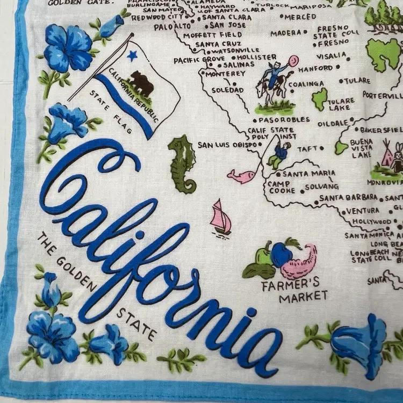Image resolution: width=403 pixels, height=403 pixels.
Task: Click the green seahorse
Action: [183, 163]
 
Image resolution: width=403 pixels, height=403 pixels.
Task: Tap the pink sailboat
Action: [220, 217]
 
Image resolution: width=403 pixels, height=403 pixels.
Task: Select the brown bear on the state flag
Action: [141, 83]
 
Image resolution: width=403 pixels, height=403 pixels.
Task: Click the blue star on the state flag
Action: [132, 54]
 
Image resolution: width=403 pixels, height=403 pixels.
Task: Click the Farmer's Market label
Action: [294, 289]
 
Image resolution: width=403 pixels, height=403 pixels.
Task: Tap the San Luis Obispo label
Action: [221, 145]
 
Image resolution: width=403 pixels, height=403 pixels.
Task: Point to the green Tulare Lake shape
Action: [320, 98]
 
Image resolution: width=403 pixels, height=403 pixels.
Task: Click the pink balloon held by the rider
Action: [292, 61]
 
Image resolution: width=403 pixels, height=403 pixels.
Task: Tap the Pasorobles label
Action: [284, 119]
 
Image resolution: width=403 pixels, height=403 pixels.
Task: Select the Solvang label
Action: [321, 186]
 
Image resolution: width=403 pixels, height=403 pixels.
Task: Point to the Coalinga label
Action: [306, 84]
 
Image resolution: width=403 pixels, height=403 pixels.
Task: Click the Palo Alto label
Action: [174, 26]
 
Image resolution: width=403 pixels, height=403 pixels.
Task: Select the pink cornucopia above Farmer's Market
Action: [299, 261]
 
